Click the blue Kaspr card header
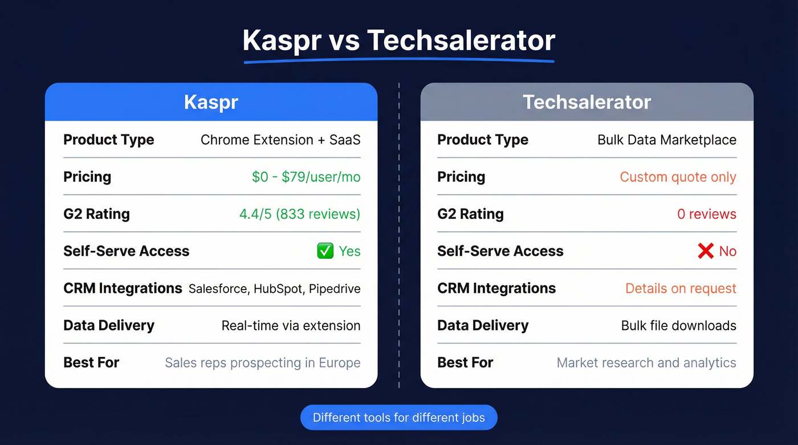[x=211, y=102]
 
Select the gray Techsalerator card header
[x=587, y=102]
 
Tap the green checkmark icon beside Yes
[x=325, y=251]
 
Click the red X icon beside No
[x=705, y=251]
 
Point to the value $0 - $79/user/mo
[x=306, y=177]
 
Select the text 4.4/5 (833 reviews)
[x=300, y=214]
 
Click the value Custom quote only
[x=678, y=177]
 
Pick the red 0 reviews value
[x=706, y=214]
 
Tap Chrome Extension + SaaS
[x=280, y=140]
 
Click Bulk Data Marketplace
[x=666, y=140]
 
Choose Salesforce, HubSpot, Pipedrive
[x=274, y=289]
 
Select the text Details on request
[x=681, y=289]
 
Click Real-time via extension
[x=291, y=326]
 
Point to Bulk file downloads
[x=678, y=326]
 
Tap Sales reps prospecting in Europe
[x=262, y=363]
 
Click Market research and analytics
[x=646, y=363]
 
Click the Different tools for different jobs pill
[x=398, y=418]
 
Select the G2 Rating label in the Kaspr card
[x=96, y=214]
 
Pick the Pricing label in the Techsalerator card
[x=461, y=177]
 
